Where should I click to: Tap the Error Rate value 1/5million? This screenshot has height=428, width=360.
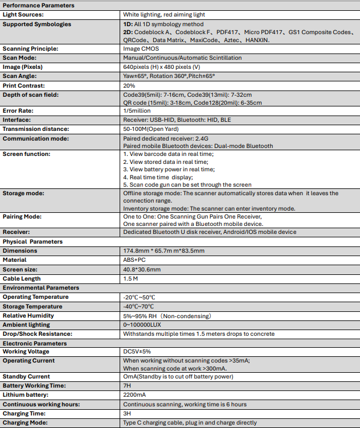(138, 110)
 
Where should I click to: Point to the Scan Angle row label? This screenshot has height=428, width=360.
(20, 76)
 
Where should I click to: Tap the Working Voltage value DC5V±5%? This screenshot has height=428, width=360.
(137, 351)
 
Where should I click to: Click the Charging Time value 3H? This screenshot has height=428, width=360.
(127, 414)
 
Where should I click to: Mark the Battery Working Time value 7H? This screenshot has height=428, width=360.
(127, 385)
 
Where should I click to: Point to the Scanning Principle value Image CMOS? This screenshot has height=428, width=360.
(141, 49)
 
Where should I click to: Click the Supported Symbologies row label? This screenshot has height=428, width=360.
(37, 24)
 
